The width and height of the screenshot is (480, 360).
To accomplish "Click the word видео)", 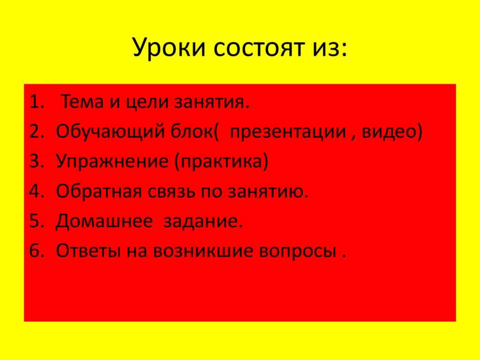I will [393, 132].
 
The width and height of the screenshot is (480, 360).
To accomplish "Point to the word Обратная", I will [97, 191].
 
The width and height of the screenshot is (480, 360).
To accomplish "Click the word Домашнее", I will [104, 221].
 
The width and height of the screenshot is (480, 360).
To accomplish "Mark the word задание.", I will [202, 222].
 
